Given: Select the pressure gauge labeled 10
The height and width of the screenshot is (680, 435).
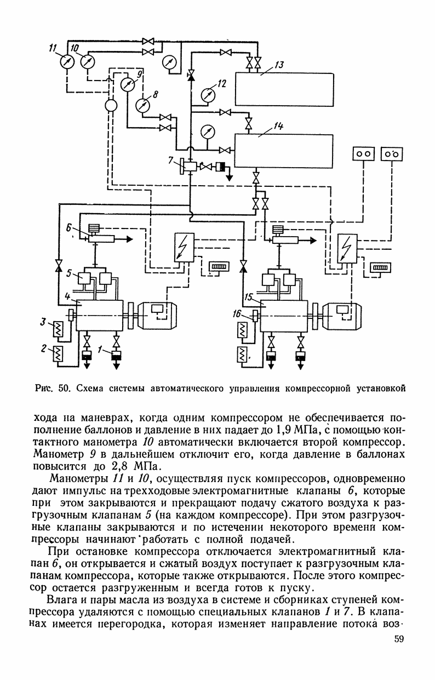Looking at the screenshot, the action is point(88,61).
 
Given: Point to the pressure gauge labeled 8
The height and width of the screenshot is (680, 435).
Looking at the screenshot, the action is point(142,105).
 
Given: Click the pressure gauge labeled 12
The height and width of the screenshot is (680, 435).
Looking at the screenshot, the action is point(208,95).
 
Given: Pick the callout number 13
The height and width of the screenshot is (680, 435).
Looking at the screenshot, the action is point(278,65).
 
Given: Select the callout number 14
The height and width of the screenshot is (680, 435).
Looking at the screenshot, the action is point(278,125).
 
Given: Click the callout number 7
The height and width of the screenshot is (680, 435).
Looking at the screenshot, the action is point(171,159).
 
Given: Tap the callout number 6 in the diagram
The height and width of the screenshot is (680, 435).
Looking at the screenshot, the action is point(68,228).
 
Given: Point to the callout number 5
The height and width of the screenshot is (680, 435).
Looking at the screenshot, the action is point(69,273).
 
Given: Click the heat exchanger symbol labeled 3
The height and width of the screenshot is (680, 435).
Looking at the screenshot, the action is point(57,329).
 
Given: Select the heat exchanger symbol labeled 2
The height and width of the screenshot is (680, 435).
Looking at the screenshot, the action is point(57,353).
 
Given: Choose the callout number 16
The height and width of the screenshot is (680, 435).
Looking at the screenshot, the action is point(237,313).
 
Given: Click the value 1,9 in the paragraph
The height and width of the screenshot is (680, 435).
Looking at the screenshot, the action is point(281,430).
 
